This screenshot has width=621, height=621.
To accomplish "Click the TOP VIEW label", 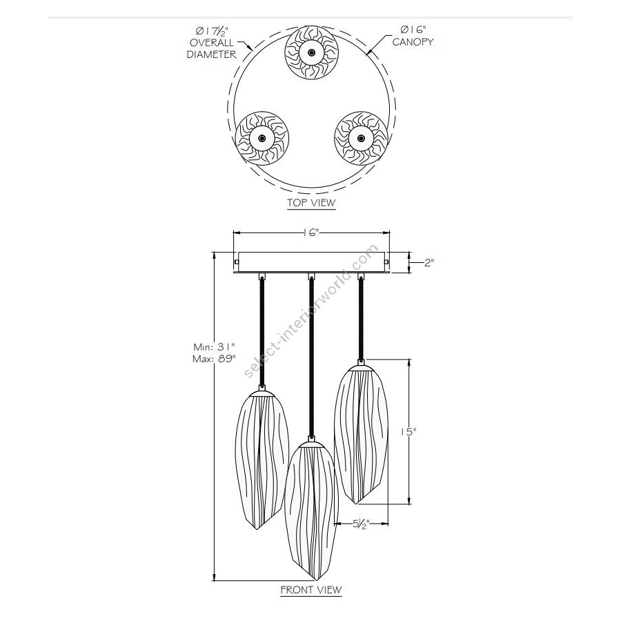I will tap(311, 203).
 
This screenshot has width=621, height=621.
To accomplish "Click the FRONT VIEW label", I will tap(311, 590).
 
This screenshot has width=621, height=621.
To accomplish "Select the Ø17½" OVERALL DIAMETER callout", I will tap(211, 42).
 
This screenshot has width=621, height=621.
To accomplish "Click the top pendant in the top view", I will tap(312, 53).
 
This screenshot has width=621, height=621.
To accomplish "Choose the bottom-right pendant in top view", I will tap(359, 137).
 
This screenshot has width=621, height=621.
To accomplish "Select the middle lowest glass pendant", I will tap(311, 507).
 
